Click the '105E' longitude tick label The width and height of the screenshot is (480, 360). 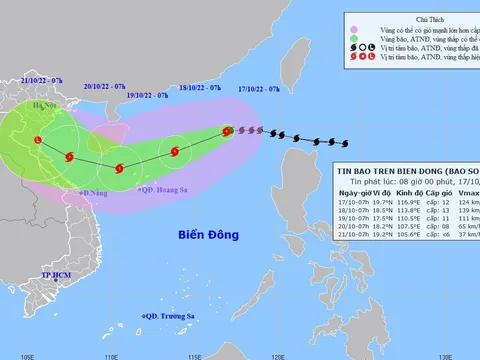pyautogui.click(x=30, y=353)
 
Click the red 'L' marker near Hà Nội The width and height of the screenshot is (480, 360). pyautogui.click(x=38, y=141)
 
